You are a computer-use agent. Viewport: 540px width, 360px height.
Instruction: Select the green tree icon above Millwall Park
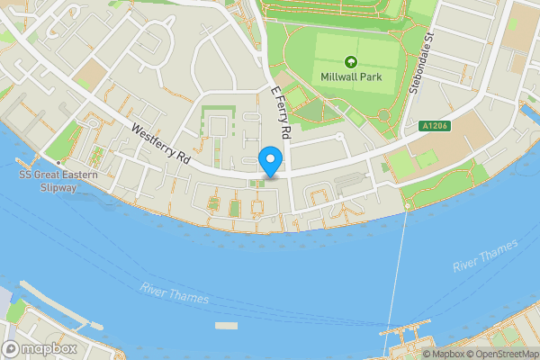[x=350, y=62]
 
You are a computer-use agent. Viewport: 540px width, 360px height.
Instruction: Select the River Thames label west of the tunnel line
[x=175, y=292]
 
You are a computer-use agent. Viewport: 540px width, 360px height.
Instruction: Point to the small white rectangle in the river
[x=226, y=324]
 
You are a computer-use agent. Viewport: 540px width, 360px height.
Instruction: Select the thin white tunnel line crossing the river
[x=396, y=279]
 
